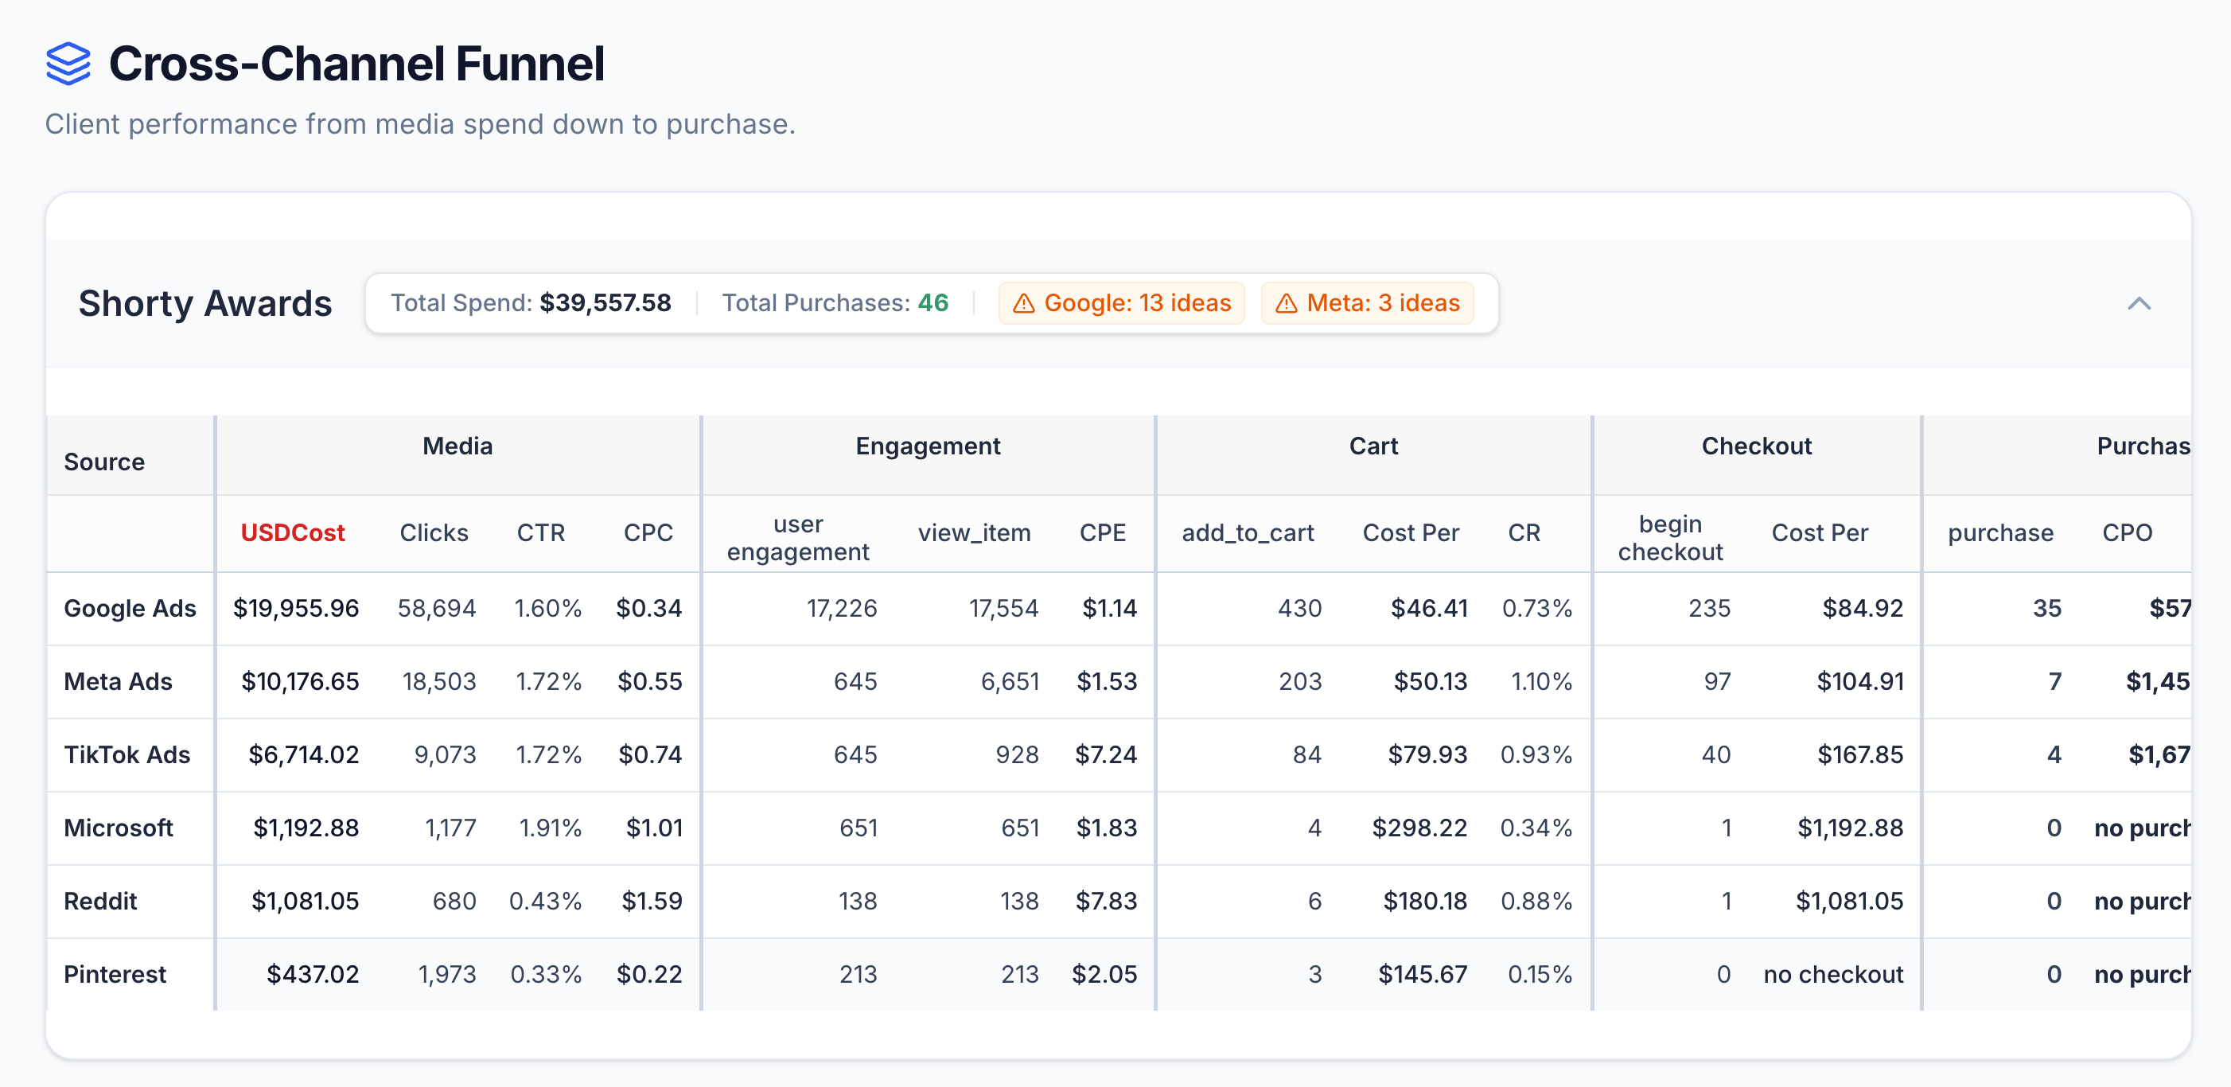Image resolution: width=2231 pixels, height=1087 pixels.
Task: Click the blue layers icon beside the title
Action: pyautogui.click(x=68, y=64)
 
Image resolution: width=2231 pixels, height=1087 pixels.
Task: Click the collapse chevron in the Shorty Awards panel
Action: pyautogui.click(x=2139, y=303)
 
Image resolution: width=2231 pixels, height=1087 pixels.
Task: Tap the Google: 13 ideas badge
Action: pyautogui.click(x=1122, y=303)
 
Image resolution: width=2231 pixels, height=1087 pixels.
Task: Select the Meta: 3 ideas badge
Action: pyautogui.click(x=1368, y=303)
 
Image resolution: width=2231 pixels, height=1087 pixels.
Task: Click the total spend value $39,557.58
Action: pyautogui.click(x=605, y=303)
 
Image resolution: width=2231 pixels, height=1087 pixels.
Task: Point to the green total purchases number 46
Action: pyautogui.click(x=933, y=303)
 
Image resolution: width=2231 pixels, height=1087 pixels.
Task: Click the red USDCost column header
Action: pyautogui.click(x=293, y=532)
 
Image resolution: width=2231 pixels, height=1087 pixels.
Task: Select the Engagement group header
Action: pyautogui.click(x=928, y=446)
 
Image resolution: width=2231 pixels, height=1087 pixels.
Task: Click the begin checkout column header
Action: pyautogui.click(x=1670, y=538)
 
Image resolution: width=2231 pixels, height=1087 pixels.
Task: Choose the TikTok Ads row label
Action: pyautogui.click(x=127, y=754)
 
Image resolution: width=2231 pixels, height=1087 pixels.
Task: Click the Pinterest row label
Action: pyautogui.click(x=115, y=975)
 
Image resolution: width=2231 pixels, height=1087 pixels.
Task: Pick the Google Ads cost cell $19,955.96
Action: pyautogui.click(x=296, y=608)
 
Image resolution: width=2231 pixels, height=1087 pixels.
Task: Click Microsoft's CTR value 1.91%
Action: pyautogui.click(x=550, y=828)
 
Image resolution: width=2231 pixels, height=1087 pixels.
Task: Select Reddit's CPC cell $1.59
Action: pyautogui.click(x=652, y=901)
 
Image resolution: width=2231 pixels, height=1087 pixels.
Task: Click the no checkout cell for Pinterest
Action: pyautogui.click(x=1832, y=975)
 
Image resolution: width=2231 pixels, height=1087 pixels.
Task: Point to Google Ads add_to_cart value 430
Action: pyautogui.click(x=1299, y=608)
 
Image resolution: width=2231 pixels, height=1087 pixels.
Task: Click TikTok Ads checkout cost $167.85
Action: pyautogui.click(x=1859, y=754)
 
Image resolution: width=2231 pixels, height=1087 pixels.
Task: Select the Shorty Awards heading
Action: pyautogui.click(x=205, y=303)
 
